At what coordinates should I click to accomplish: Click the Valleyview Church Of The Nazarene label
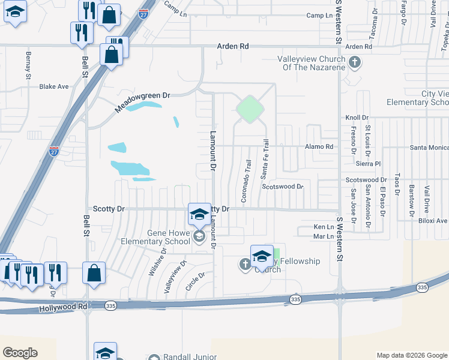click(311, 63)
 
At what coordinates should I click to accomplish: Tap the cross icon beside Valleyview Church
click(355, 62)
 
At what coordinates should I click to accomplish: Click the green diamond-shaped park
click(250, 109)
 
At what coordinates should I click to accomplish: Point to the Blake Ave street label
click(54, 86)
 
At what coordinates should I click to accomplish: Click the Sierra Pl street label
click(368, 163)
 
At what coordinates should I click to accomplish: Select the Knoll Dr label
click(357, 118)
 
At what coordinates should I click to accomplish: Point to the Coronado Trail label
click(246, 180)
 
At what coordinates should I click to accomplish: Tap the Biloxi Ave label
click(433, 221)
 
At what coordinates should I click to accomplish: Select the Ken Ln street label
click(323, 227)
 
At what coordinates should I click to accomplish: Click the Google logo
click(20, 352)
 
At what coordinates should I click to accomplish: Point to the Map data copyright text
click(411, 355)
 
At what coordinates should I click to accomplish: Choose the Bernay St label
click(28, 65)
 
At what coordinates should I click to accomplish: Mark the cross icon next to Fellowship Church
click(245, 263)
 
